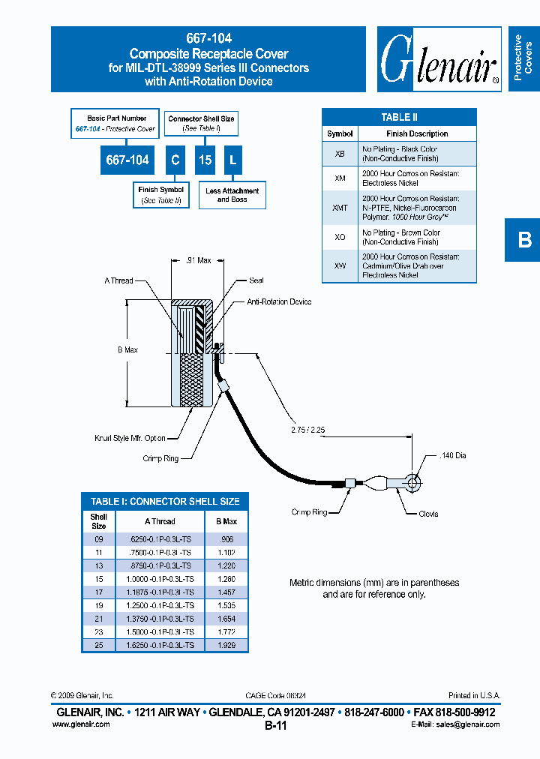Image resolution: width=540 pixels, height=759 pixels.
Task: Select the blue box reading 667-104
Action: point(127,160)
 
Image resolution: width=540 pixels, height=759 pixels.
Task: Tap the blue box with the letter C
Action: point(175,160)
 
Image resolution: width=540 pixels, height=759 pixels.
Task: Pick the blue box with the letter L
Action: point(232,160)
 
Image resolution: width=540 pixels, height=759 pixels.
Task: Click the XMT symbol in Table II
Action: point(340,208)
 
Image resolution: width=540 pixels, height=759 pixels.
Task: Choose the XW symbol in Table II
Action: point(340,265)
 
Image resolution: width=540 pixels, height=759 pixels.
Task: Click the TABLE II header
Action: point(399,117)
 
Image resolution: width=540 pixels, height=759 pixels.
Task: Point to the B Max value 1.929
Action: point(226,645)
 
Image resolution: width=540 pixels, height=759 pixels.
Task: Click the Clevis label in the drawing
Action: point(428,514)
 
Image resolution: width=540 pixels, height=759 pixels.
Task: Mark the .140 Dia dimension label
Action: point(452,455)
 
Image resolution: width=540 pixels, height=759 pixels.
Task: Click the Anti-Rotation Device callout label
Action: point(279,301)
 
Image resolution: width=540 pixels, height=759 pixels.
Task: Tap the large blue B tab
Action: point(523,240)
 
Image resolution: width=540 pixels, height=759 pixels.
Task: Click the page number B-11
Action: point(275,726)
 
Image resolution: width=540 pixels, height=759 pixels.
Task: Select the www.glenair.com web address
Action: point(81,724)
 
